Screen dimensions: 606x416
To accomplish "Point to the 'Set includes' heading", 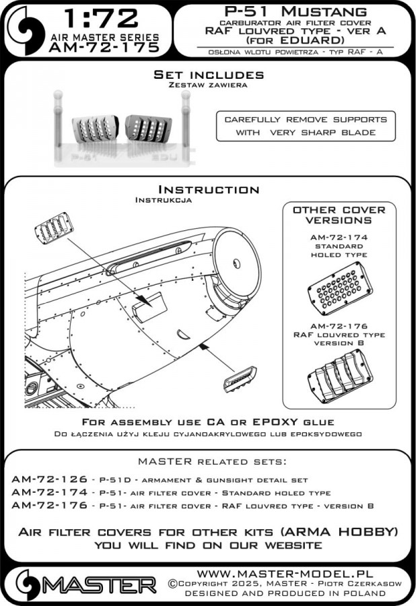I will pos(208,74).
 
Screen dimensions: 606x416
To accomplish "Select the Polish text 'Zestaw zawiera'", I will pos(208,86).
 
